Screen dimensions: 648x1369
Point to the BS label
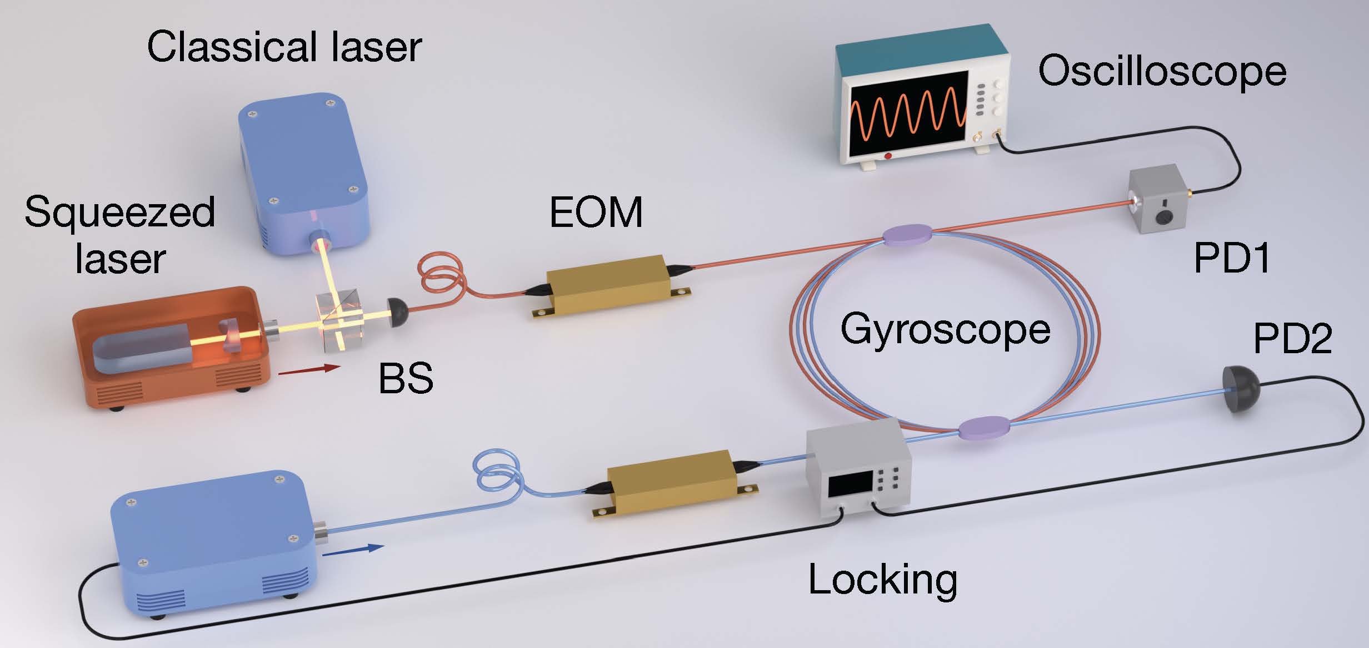pos(405,379)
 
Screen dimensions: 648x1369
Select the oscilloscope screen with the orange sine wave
pos(908,113)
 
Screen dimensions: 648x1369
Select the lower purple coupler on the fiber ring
pos(985,429)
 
